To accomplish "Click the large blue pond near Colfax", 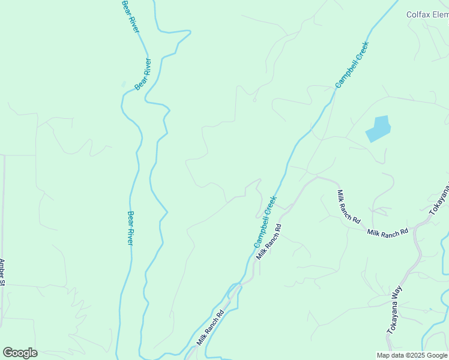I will (x=378, y=128).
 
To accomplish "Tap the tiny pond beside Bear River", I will (x=124, y=85).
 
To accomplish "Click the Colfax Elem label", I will (x=427, y=15).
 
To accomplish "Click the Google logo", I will (x=20, y=353).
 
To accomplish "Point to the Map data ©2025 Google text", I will (x=412, y=355).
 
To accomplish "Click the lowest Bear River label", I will (x=130, y=228).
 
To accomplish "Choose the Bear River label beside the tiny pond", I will (x=143, y=74).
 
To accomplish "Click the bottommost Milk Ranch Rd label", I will (x=210, y=328).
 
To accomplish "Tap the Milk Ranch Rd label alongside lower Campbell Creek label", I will (x=270, y=241).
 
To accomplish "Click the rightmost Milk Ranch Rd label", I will (x=388, y=232).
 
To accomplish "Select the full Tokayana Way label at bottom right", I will (x=394, y=310).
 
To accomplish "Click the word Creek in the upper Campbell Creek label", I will (x=360, y=52).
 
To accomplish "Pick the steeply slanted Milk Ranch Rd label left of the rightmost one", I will (x=348, y=206).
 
